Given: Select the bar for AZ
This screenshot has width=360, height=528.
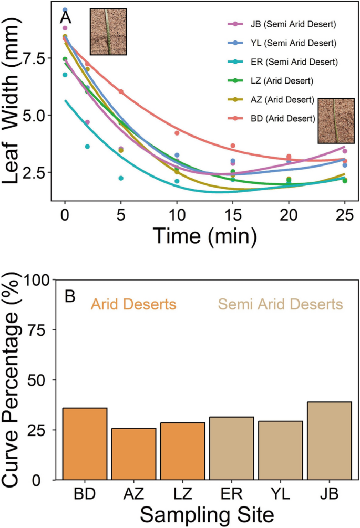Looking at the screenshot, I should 133,454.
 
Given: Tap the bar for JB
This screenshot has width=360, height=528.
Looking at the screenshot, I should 328,441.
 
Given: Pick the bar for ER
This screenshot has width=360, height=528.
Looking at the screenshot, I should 231,448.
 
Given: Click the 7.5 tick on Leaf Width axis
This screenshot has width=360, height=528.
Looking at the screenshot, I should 42,58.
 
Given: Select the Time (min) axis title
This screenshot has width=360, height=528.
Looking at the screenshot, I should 204,235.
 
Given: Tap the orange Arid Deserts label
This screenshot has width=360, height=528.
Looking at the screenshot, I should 133,304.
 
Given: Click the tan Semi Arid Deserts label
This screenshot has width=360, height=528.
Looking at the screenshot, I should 280,304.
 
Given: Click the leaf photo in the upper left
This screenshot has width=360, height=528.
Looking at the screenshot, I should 108,32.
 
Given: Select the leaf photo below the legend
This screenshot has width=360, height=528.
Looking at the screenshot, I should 336,120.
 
